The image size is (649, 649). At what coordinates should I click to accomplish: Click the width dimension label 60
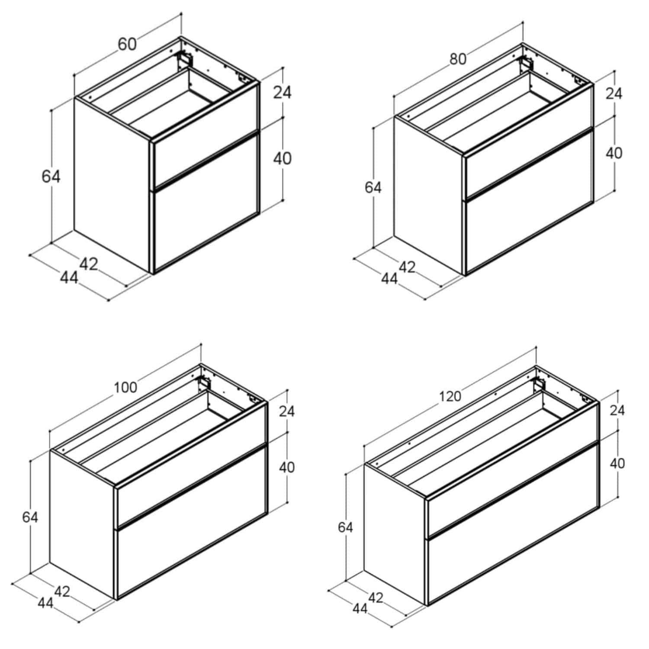point(127,44)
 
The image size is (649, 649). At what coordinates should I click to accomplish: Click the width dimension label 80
point(458,58)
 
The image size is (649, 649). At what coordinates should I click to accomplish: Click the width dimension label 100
point(125,387)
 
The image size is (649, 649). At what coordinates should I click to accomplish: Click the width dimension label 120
point(450,395)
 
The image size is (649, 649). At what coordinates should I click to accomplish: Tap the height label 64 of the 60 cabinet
point(51,177)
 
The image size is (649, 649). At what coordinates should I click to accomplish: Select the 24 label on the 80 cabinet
point(614,93)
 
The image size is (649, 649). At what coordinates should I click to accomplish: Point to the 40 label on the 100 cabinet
point(286,467)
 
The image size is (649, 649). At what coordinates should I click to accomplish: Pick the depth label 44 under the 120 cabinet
point(360,608)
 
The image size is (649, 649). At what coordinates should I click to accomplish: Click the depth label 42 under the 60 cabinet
point(89,264)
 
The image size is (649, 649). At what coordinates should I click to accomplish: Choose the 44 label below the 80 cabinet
point(389,279)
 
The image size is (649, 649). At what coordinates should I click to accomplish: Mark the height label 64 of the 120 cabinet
point(345,527)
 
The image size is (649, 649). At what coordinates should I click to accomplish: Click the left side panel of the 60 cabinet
point(112,185)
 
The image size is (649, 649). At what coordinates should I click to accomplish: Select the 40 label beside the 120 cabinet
point(617,463)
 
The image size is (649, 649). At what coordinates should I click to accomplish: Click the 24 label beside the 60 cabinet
point(282,92)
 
